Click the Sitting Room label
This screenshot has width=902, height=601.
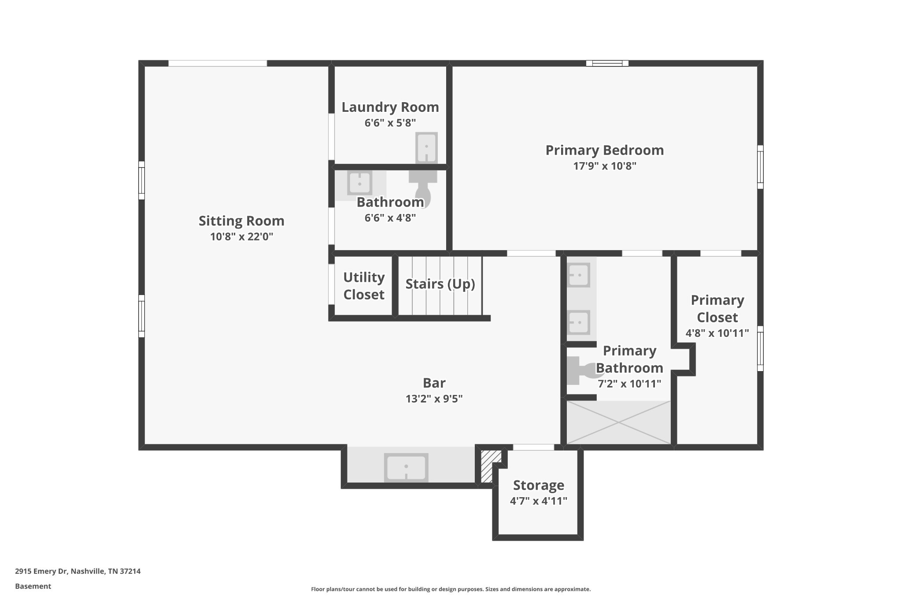(241, 221)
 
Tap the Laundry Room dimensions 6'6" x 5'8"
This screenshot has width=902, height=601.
(390, 123)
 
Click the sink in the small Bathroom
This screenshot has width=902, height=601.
(359, 183)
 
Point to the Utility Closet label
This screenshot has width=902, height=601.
(364, 286)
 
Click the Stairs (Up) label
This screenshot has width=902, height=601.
(440, 284)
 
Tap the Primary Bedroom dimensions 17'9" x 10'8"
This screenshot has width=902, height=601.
(605, 166)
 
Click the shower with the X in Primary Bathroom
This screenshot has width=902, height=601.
(618, 422)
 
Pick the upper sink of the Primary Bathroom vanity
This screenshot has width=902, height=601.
(578, 275)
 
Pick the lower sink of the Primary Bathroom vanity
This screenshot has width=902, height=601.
(578, 322)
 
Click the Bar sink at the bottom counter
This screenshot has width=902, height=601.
(406, 467)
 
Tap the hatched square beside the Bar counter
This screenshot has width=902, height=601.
(488, 466)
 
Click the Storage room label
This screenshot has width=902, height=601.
(539, 485)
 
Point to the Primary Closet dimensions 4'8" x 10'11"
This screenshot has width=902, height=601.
(717, 333)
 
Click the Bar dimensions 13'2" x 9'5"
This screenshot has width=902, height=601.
(434, 399)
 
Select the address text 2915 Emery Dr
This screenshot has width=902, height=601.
(41, 571)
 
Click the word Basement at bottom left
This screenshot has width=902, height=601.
(33, 586)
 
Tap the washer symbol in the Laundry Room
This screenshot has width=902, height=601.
(426, 147)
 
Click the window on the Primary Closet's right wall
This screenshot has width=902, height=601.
(760, 348)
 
